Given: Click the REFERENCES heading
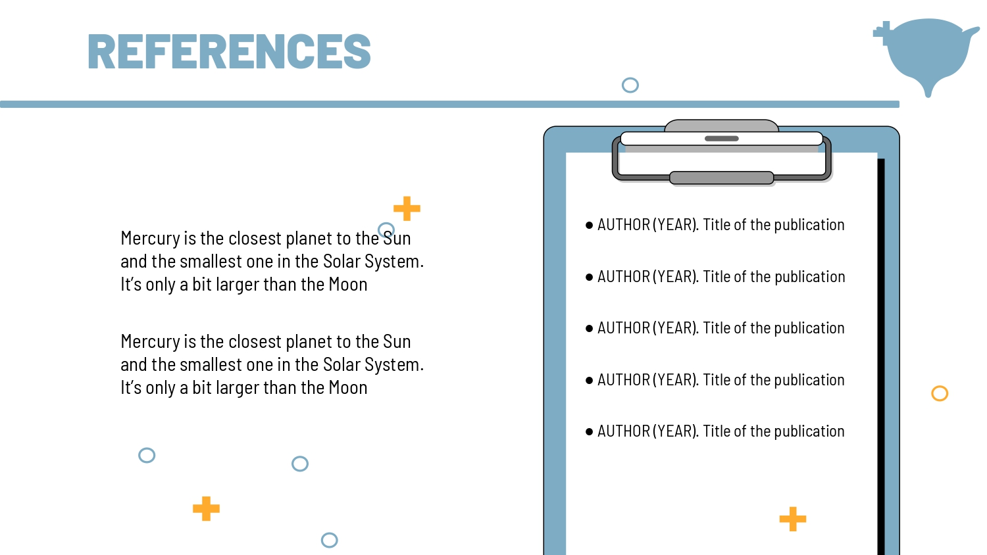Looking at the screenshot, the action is (229, 51).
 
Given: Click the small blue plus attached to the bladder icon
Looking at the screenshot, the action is (882, 32).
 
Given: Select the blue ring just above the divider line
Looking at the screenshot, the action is (630, 85).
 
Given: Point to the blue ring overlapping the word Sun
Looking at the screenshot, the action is (386, 224).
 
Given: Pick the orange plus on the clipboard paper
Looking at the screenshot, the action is (793, 519).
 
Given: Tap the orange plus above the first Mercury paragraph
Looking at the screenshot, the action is (407, 208).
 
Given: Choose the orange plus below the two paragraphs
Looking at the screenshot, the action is (206, 509).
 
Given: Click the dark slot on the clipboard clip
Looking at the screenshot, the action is (721, 138).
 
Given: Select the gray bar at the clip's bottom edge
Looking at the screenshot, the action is (721, 178).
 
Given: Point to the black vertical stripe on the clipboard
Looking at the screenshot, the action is (881, 357).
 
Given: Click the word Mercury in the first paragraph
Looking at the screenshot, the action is (150, 239).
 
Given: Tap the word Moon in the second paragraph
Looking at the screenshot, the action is (347, 387).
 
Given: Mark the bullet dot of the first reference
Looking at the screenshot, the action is (589, 225).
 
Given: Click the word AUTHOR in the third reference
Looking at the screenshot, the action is (624, 328).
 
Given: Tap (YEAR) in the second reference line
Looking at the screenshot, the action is (676, 277).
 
